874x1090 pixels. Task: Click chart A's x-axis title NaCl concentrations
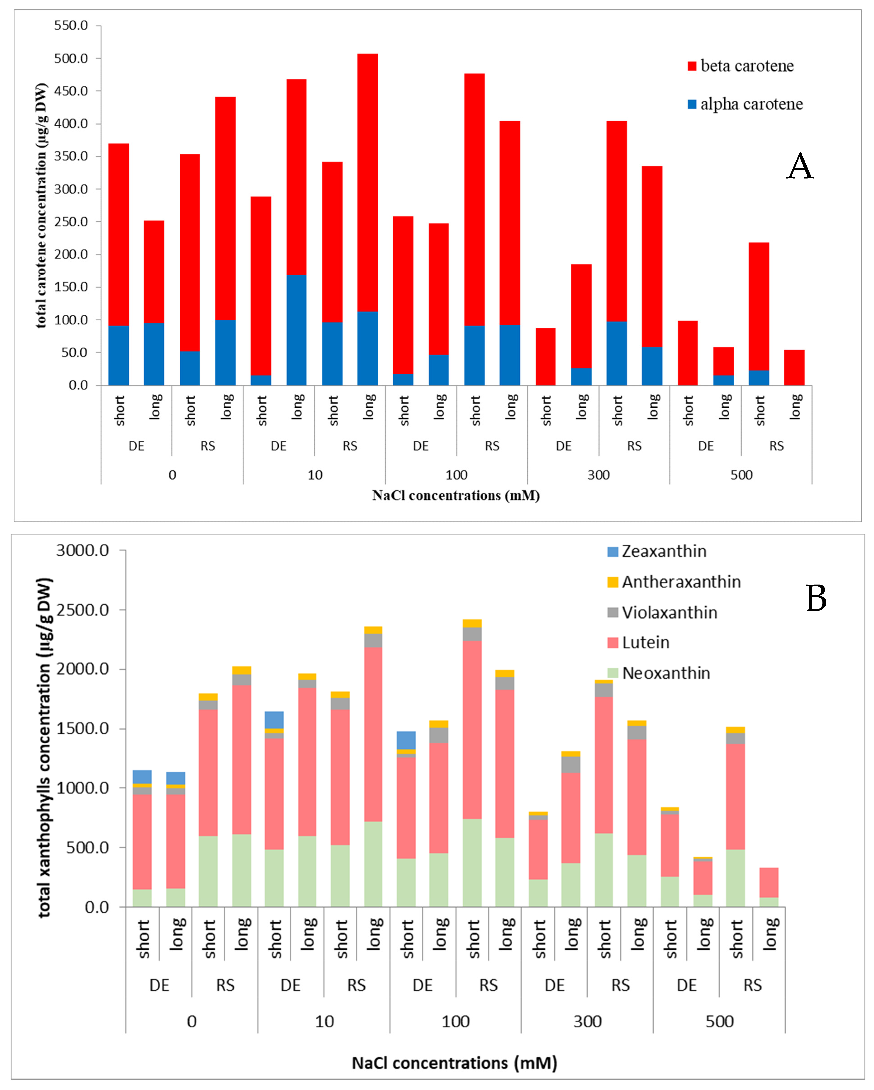point(456,496)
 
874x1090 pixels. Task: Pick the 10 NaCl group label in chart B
point(324,1021)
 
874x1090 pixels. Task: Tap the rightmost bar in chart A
point(794,368)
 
